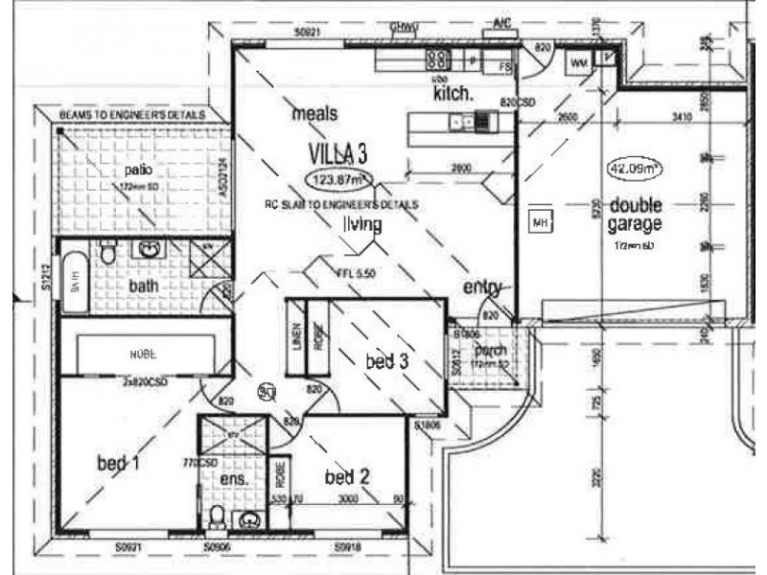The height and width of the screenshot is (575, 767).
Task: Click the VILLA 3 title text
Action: coord(337,153)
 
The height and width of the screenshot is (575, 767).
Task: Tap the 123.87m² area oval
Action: coord(338,179)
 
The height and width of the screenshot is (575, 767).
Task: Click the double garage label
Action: coord(635,216)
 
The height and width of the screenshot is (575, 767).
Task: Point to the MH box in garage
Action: coord(539,223)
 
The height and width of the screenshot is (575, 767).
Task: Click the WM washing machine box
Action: coord(578,62)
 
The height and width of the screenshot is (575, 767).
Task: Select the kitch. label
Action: coord(453,94)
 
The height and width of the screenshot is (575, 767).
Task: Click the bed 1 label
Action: coord(119,464)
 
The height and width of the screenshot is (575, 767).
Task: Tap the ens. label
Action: coord(235,478)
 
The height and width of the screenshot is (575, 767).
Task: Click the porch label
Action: coord(490,351)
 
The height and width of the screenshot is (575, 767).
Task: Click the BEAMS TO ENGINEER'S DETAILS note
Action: coord(132,114)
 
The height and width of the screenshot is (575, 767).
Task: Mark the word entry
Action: coord(482,287)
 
